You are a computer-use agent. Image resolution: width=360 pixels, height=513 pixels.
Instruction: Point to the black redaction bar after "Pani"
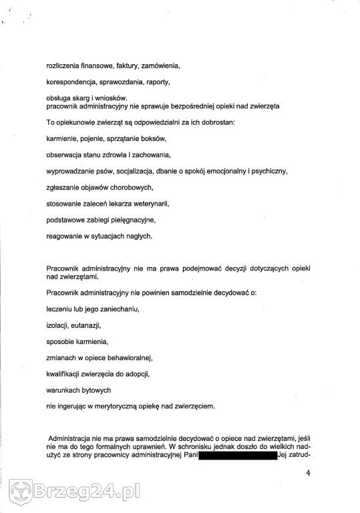click(237, 456)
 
